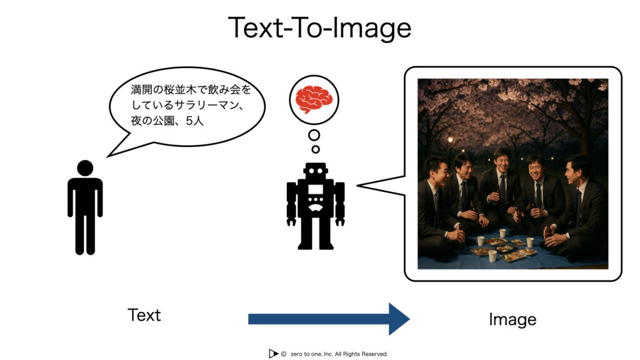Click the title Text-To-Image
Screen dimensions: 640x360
coord(319,27)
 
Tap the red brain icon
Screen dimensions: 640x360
coord(314,99)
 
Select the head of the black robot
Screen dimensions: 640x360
coord(316,171)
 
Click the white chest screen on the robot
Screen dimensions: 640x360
coord(316,189)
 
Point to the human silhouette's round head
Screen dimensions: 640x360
coord(85,168)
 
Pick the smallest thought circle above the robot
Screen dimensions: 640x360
coord(316,149)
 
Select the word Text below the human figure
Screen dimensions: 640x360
coord(144,315)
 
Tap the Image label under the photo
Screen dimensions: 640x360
coord(512,319)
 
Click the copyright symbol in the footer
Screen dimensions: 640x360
coord(283,354)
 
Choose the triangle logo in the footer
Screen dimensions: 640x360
coord(273,354)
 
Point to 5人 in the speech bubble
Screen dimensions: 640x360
coord(194,121)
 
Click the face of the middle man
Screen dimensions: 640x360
coord(502,161)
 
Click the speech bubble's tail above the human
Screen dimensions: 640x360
coord(122,145)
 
